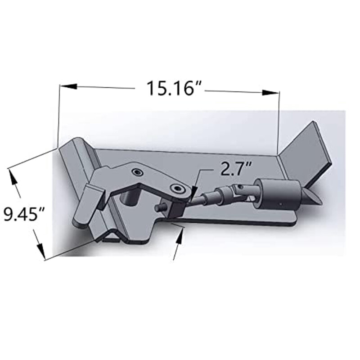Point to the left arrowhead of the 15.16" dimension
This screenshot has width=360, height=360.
point(67,85)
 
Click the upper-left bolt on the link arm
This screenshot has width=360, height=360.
point(135,172)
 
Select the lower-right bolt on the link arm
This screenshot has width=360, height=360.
point(179,188)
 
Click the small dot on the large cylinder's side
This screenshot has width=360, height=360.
point(280,205)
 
